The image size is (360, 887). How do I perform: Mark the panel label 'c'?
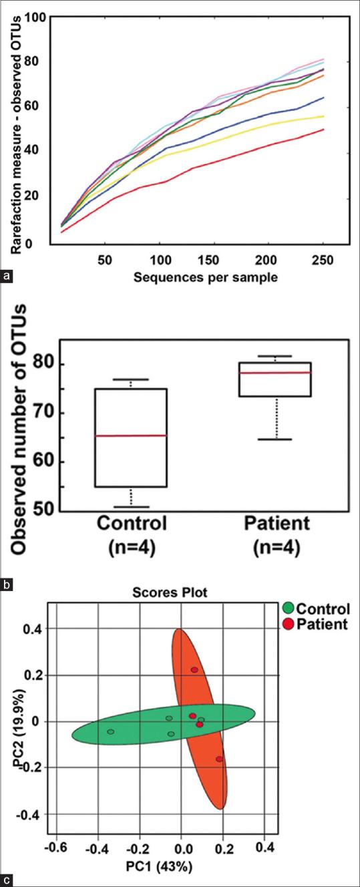[x=7, y=880]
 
